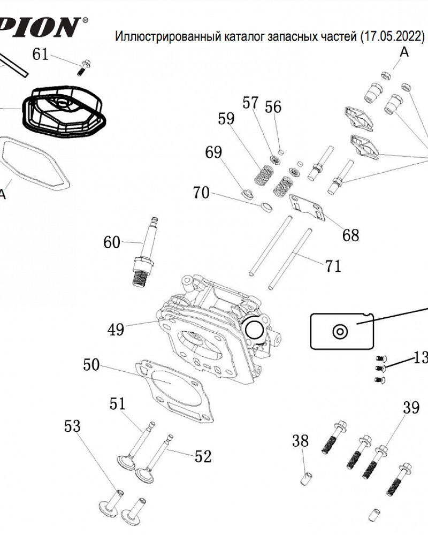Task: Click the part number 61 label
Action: point(41,53)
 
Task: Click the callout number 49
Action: point(116,329)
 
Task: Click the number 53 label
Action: point(72,426)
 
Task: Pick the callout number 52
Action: point(203,456)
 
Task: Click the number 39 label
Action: point(411,408)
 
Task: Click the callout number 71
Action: point(333,266)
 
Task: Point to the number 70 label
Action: point(201,193)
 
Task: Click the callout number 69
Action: point(213,152)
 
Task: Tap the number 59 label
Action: point(226,118)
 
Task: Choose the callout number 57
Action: point(250,103)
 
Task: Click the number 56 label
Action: point(273,107)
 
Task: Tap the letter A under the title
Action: point(404,52)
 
